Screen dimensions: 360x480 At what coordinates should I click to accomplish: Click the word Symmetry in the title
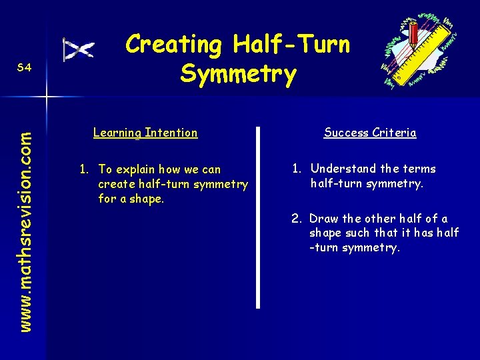pyautogui.click(x=238, y=74)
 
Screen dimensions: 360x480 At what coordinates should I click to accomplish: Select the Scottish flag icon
pyautogui.click(x=78, y=50)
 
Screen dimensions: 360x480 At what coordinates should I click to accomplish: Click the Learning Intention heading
pyautogui.click(x=145, y=133)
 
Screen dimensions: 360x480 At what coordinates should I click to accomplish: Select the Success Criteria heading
pyautogui.click(x=370, y=133)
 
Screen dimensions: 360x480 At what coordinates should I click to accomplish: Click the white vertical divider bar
pyautogui.click(x=258, y=216)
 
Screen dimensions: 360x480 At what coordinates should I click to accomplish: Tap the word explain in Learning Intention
pyautogui.click(x=137, y=169)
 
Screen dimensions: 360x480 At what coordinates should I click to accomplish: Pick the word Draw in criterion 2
pyautogui.click(x=324, y=219)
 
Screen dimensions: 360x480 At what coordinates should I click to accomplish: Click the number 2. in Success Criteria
pyautogui.click(x=297, y=219)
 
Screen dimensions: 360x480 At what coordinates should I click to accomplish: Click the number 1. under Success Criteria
pyautogui.click(x=297, y=169)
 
